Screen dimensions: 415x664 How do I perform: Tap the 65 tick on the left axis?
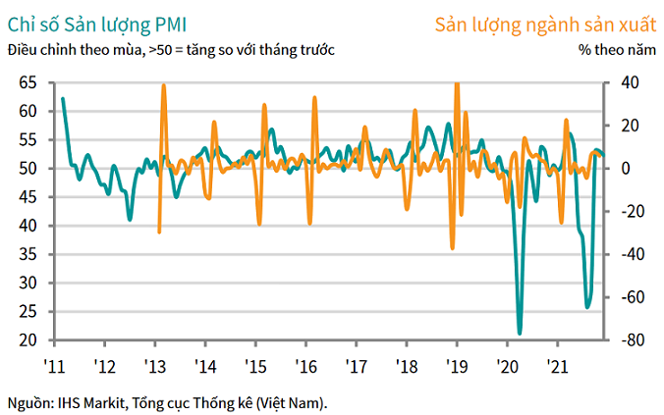coord(28,82)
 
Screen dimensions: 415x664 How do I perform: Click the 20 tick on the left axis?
coord(28,340)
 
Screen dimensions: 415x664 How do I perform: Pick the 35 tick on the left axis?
coord(28,254)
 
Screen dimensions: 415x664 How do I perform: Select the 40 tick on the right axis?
coord(624,82)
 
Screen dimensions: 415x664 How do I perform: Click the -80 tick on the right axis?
coord(627,340)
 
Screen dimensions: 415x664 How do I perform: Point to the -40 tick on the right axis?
coord(627,254)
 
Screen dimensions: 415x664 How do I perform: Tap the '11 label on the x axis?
coord(54,366)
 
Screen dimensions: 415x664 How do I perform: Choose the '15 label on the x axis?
coord(255,366)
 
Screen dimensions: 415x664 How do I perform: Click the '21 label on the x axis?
coord(558,366)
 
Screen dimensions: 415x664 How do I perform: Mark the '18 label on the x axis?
coord(407,366)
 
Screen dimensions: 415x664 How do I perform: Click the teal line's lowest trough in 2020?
coord(520,333)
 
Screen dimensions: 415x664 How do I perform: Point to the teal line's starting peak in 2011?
coord(63,98)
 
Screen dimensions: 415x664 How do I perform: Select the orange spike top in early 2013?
coord(163,85)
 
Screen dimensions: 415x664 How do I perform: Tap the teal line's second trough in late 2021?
coord(587,307)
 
